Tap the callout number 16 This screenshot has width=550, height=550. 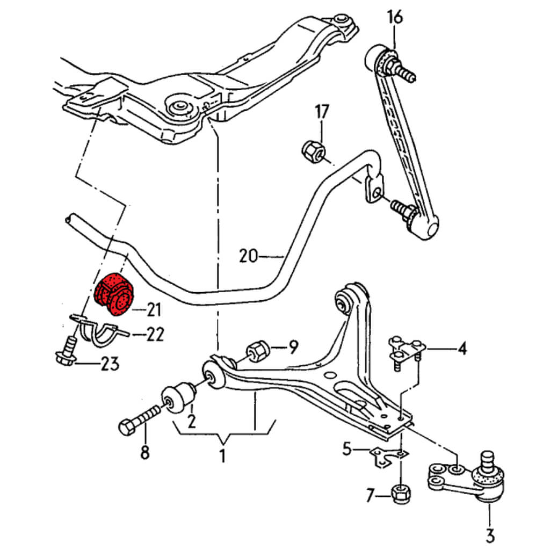tap(395, 17)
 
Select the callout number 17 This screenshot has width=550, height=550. tap(322, 112)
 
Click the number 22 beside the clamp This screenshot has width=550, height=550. tap(155, 335)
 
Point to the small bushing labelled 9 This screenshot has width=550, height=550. tap(259, 351)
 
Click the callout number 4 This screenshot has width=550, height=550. tap(462, 349)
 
